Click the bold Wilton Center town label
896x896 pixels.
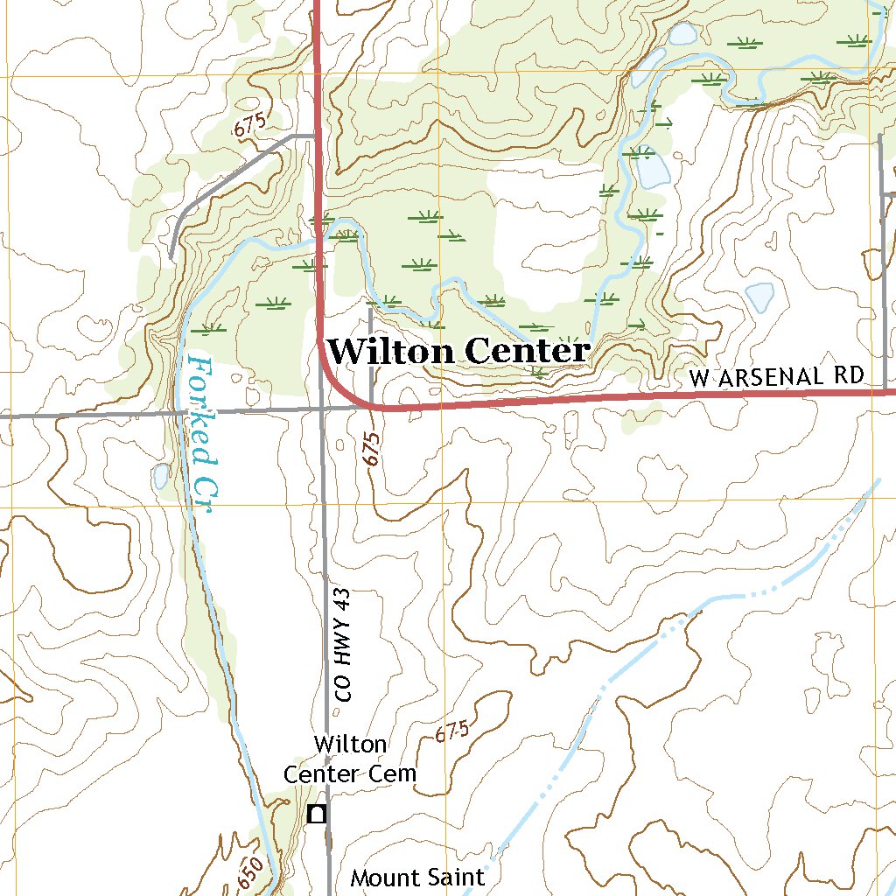(x=458, y=352)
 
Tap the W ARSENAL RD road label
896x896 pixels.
(x=776, y=377)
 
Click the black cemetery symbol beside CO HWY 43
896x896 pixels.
(x=318, y=814)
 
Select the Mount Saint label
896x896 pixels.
(x=417, y=878)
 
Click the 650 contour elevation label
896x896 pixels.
(x=249, y=871)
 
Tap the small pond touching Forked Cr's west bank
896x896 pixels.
(x=161, y=476)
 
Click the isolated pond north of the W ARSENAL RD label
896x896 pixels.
(x=759, y=297)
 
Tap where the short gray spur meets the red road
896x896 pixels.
(x=371, y=407)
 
